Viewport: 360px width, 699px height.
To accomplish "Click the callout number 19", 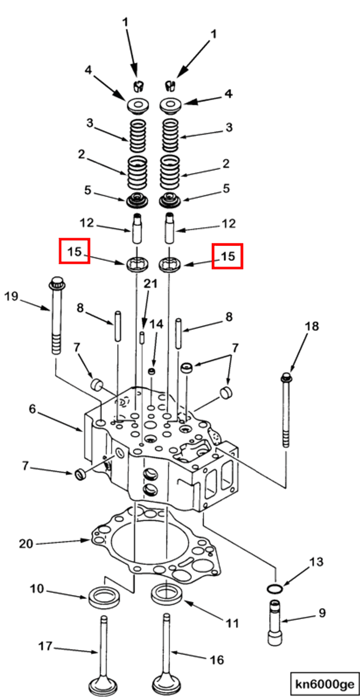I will [x=11, y=296].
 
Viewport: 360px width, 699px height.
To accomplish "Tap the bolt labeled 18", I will [x=286, y=407].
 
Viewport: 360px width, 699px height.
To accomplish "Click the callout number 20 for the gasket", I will [x=26, y=543].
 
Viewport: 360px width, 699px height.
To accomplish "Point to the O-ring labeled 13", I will [x=275, y=589].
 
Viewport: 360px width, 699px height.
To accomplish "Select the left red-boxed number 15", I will [x=74, y=251].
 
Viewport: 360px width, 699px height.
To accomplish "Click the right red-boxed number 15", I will [x=227, y=256].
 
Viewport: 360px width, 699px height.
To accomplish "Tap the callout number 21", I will [x=150, y=284].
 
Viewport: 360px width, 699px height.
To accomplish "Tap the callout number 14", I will [x=156, y=324].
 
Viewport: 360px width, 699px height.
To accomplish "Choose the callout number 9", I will [x=322, y=613].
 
